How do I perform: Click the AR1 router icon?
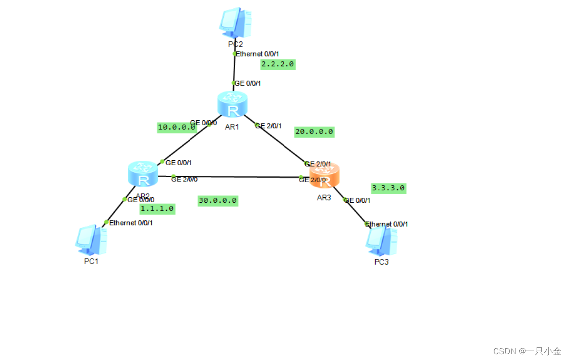(x=232, y=104)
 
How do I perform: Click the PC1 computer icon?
(x=91, y=240)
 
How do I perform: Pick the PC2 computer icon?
(x=235, y=22)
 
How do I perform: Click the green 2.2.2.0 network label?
(x=278, y=64)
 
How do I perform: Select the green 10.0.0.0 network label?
(x=177, y=127)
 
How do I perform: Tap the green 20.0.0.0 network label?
(x=314, y=132)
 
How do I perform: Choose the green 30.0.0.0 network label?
(x=218, y=201)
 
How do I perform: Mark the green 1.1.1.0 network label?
(x=157, y=209)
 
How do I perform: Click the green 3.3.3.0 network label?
(x=388, y=188)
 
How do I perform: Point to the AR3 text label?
(x=323, y=197)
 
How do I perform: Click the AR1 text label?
(x=232, y=127)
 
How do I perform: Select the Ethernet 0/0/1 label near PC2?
(x=258, y=54)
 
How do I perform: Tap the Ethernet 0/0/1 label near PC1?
(x=131, y=223)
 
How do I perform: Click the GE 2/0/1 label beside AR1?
(x=268, y=126)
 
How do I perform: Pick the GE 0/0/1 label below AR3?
(x=357, y=201)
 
